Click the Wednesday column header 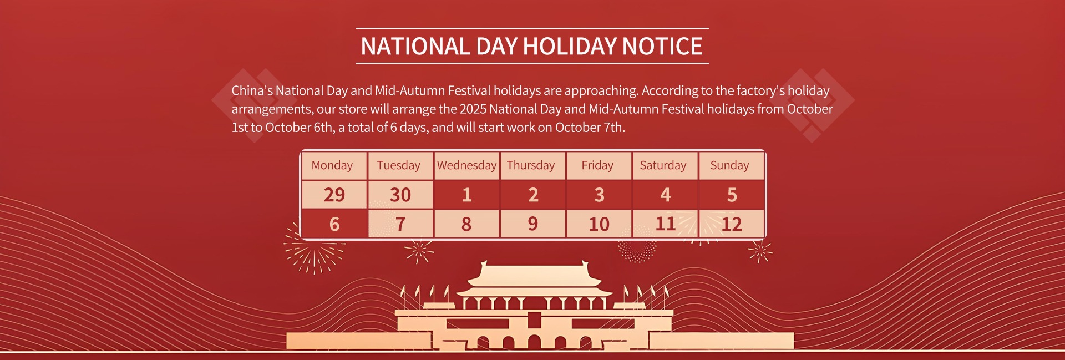click(466, 165)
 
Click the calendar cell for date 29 click(334, 195)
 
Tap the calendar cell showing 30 click(400, 195)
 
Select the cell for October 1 click(466, 195)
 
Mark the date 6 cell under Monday click(334, 224)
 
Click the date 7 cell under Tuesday click(400, 224)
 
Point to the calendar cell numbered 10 click(599, 224)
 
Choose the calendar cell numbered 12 click(731, 224)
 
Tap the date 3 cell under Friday click(599, 195)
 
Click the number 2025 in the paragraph click(473, 109)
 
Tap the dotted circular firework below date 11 click(637, 244)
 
